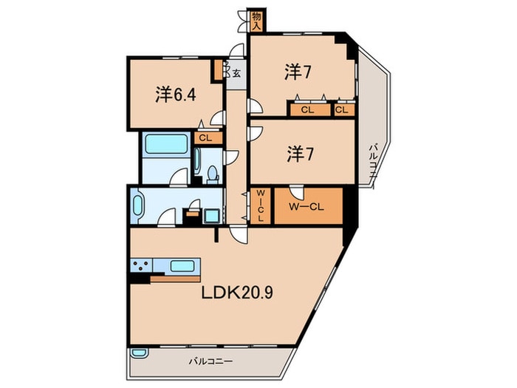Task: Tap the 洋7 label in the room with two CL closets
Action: pos(296,72)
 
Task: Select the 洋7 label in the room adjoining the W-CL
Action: pos(296,154)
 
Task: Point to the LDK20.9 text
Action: pos(239,293)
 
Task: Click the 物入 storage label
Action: pos(256,21)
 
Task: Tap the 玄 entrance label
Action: pos(236,72)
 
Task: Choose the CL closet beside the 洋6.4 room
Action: pos(205,137)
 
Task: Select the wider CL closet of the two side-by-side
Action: pos(307,110)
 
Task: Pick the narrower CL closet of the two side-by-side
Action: pos(340,110)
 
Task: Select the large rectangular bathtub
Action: pos(157,144)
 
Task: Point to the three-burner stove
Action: pos(142,266)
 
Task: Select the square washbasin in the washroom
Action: pos(211,215)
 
